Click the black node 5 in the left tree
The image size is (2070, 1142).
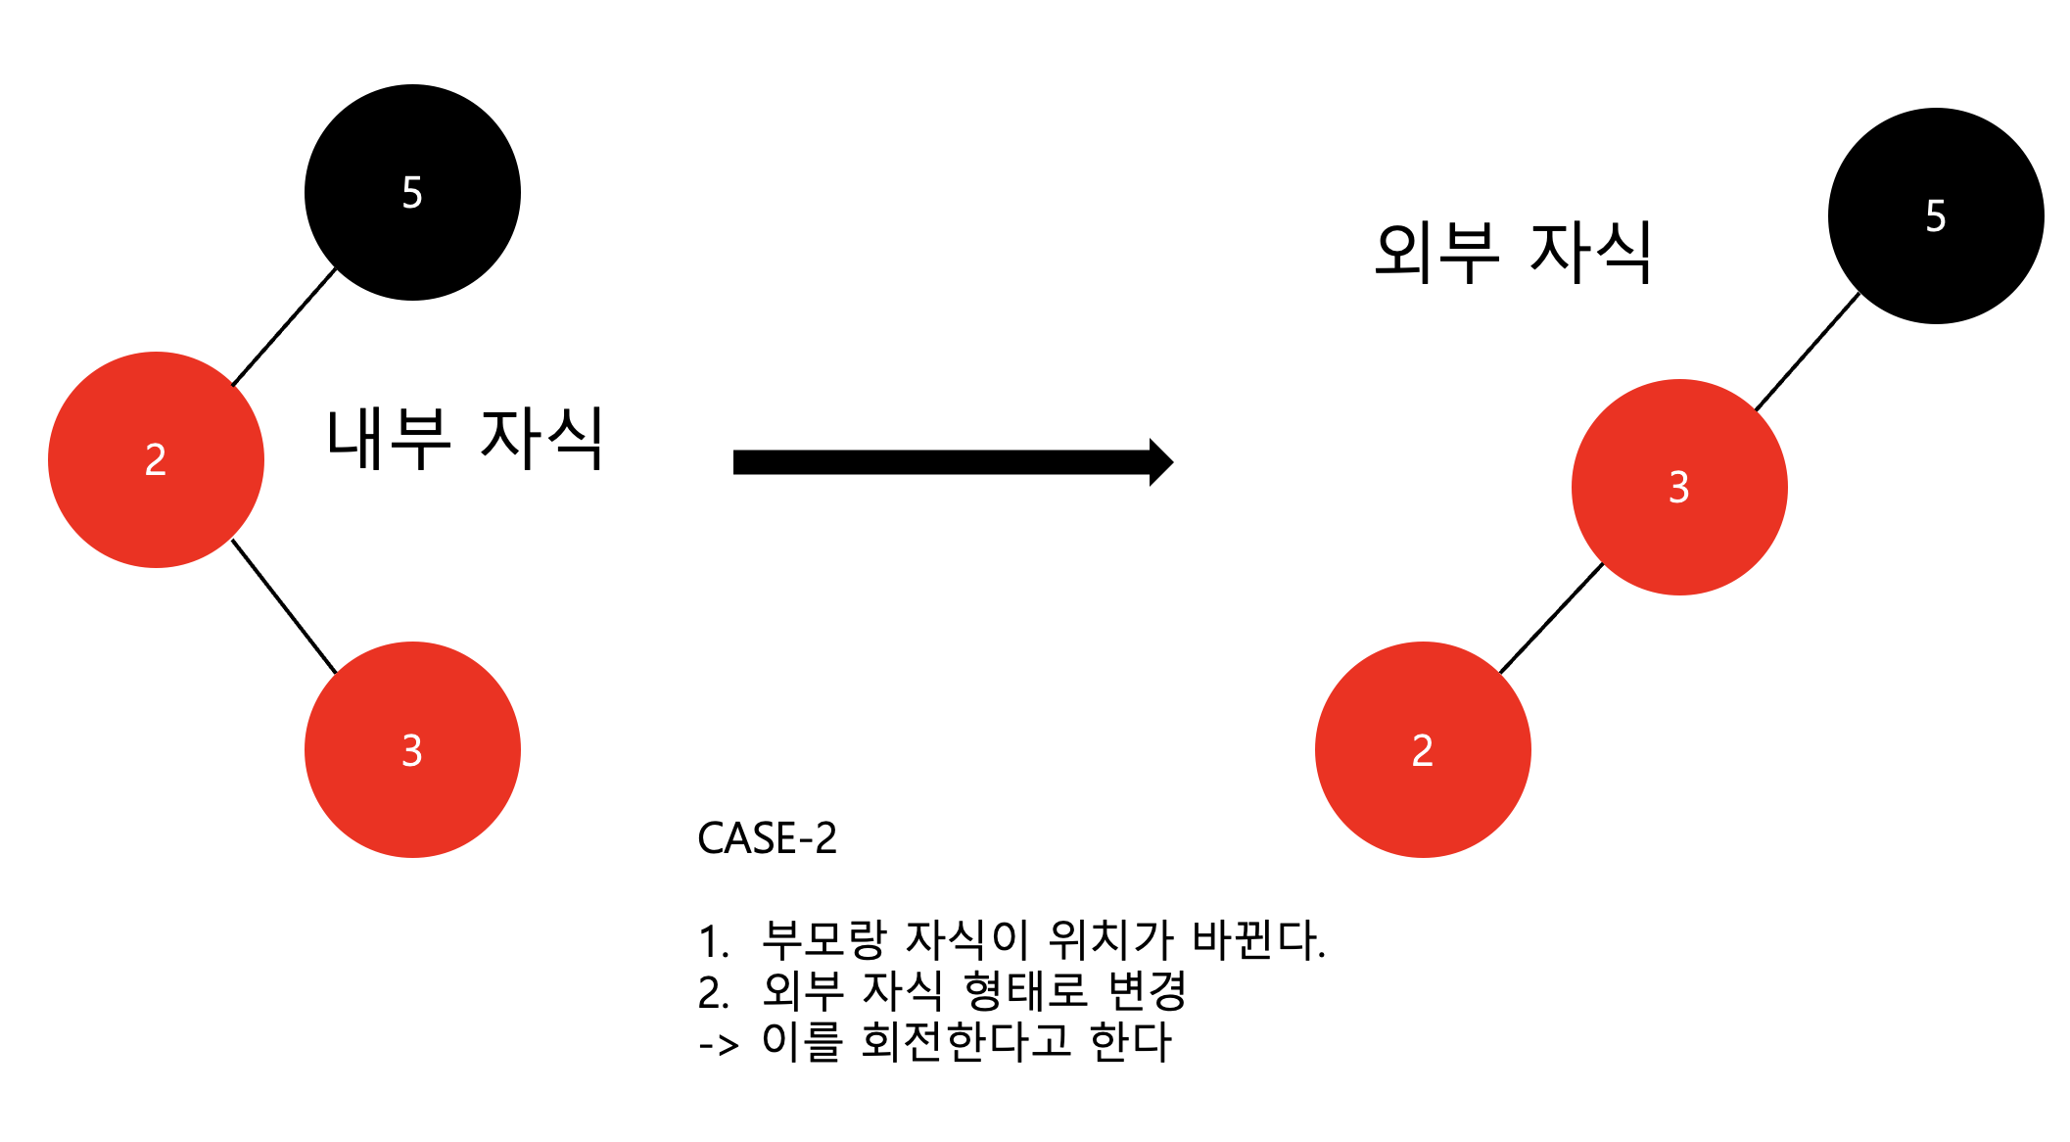click(x=412, y=192)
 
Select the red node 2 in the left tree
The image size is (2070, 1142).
click(x=156, y=459)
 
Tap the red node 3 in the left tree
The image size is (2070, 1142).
click(x=412, y=749)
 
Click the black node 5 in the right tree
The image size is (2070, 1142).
click(x=1935, y=215)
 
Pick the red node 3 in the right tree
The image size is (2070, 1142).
click(x=1678, y=487)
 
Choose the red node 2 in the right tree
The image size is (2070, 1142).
click(x=1422, y=749)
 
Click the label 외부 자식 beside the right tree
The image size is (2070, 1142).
click(x=1513, y=253)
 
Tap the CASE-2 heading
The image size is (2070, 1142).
click(x=767, y=838)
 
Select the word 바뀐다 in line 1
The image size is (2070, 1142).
click(x=1255, y=940)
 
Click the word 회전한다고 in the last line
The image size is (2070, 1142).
click(x=965, y=1041)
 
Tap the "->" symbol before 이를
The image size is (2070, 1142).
click(x=719, y=1044)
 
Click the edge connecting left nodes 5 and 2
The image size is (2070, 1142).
click(x=284, y=326)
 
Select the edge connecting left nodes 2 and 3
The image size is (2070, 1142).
click(x=284, y=606)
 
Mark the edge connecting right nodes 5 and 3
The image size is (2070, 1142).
click(x=1808, y=351)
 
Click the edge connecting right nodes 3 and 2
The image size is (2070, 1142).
click(x=1551, y=618)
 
